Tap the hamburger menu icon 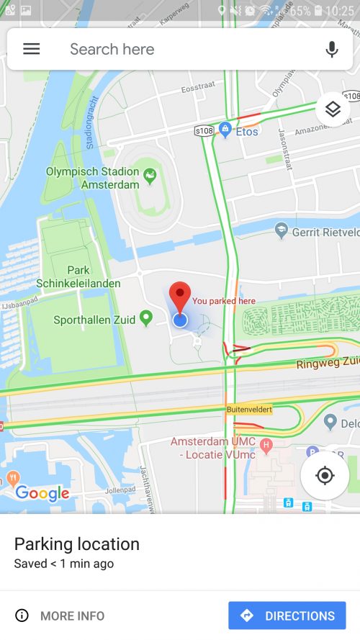click(x=32, y=49)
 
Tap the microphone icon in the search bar click(x=331, y=49)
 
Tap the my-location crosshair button click(x=325, y=476)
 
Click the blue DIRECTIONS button click(x=287, y=616)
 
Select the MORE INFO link click(x=60, y=616)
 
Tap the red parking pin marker click(x=180, y=297)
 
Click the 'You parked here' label click(x=223, y=301)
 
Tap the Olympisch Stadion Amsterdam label click(x=92, y=178)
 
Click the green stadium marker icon click(x=150, y=174)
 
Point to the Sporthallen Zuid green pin click(x=146, y=317)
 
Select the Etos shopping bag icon click(x=225, y=130)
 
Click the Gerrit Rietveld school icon click(x=282, y=230)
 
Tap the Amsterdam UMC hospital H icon click(x=266, y=446)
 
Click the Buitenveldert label click(x=249, y=410)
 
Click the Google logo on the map click(x=42, y=493)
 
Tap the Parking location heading click(x=77, y=544)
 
